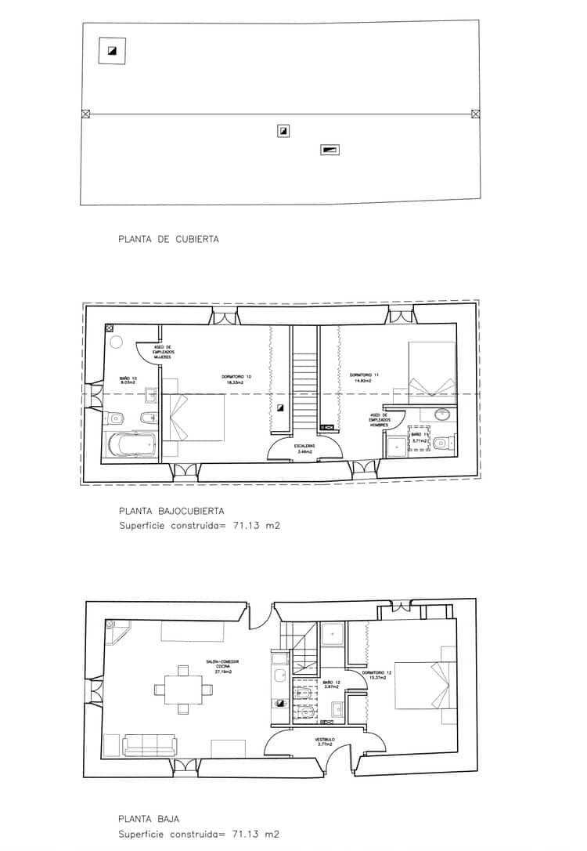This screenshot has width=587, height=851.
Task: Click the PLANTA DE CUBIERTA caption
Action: (168, 239)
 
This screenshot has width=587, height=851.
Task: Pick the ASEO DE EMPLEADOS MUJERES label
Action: (164, 353)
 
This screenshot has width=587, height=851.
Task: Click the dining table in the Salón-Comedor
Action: (183, 690)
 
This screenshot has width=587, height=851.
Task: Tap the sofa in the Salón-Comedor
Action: (149, 745)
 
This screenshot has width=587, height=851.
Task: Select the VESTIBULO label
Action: (326, 740)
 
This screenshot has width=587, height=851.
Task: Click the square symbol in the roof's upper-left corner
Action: (112, 51)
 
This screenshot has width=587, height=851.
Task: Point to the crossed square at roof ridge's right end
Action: (475, 114)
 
